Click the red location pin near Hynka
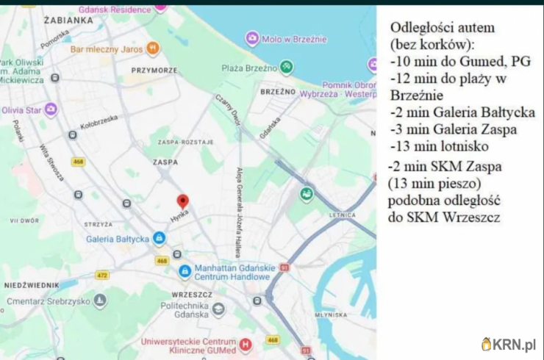(182, 201)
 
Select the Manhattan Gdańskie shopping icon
(185, 272)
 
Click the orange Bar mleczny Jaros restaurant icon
(153, 49)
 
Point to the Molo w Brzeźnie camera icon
(252, 39)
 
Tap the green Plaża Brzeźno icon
(287, 68)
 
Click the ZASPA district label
(165, 162)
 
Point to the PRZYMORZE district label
(154, 71)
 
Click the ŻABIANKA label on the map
(68, 21)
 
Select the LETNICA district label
(345, 215)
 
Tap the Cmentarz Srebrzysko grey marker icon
(100, 300)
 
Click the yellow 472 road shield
(102, 275)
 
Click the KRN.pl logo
(508, 344)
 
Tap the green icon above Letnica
(307, 194)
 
